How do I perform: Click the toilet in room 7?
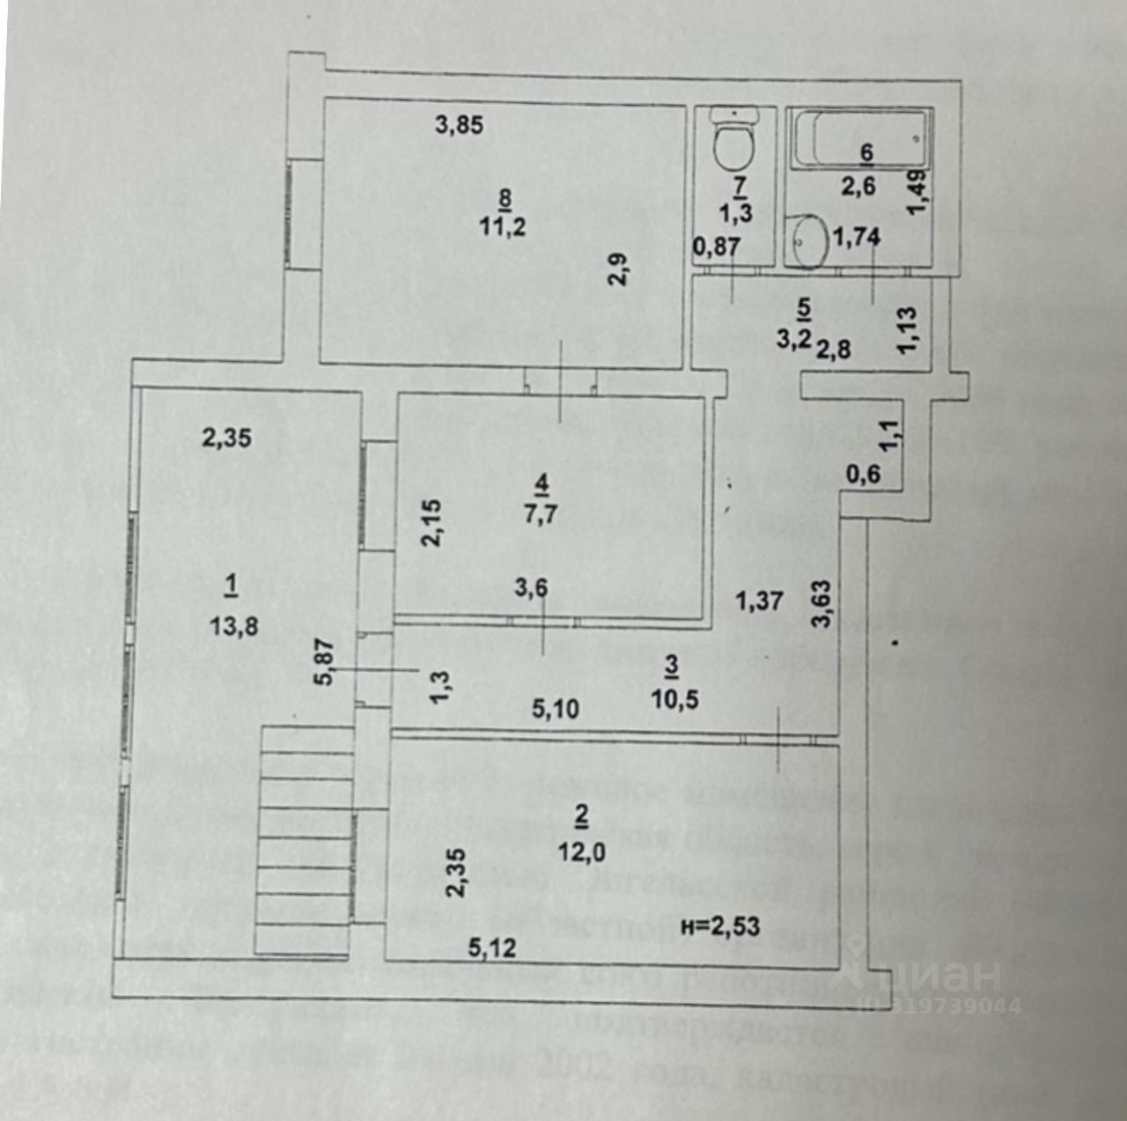click(733, 140)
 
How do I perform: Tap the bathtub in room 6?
click(859, 136)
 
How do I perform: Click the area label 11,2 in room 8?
click(503, 226)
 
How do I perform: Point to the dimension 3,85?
click(459, 125)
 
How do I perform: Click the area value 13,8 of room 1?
click(234, 626)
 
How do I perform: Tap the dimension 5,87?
click(325, 661)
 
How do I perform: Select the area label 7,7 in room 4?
click(541, 513)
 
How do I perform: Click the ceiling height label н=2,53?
click(721, 926)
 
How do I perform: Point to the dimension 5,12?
click(492, 948)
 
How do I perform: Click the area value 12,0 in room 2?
click(581, 852)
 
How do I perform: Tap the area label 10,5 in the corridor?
click(675, 699)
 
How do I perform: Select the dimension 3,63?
click(821, 603)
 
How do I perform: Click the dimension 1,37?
click(759, 601)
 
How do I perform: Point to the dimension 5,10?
click(556, 708)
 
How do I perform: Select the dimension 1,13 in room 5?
click(908, 330)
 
